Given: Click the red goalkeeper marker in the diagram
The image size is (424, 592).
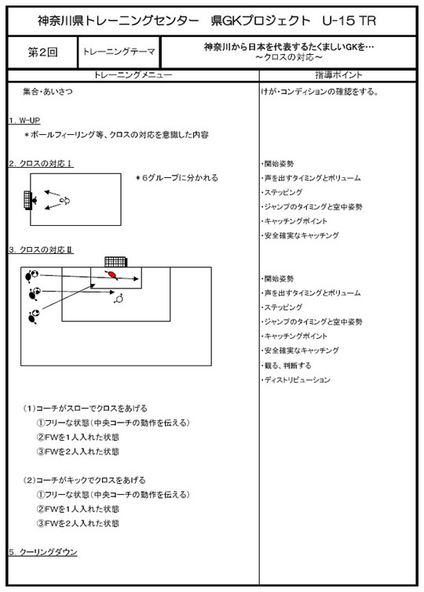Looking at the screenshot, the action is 112,275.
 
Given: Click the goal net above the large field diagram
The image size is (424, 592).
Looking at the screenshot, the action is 115,262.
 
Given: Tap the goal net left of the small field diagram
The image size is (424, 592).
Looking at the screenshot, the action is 27,199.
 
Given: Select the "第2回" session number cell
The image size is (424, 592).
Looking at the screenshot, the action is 42,53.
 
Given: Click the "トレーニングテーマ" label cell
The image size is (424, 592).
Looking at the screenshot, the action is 119,52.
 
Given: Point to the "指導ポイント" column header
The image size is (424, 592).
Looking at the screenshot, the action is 338,75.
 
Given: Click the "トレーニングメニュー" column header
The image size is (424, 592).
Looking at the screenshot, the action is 133,75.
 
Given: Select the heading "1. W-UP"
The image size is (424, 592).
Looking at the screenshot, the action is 24,121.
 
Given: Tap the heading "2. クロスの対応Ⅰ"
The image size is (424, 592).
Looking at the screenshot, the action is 41,163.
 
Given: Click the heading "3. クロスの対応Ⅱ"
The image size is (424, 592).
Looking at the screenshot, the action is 41,249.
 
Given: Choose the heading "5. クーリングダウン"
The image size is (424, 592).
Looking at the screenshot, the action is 42,552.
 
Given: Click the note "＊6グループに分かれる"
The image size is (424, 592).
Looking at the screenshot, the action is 177,178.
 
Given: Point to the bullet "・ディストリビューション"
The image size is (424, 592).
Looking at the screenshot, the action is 296,380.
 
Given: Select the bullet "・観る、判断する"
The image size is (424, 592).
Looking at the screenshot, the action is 287,365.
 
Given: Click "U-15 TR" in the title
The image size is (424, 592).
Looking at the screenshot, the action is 349,20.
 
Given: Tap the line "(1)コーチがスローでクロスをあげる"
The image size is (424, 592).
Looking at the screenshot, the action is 85,409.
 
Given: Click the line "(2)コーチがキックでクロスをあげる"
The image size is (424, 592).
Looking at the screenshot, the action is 84,480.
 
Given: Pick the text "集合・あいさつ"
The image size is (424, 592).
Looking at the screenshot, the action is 48,92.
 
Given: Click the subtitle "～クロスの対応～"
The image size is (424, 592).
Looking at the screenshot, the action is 289,57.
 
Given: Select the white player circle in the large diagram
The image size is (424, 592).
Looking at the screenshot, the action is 119,299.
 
